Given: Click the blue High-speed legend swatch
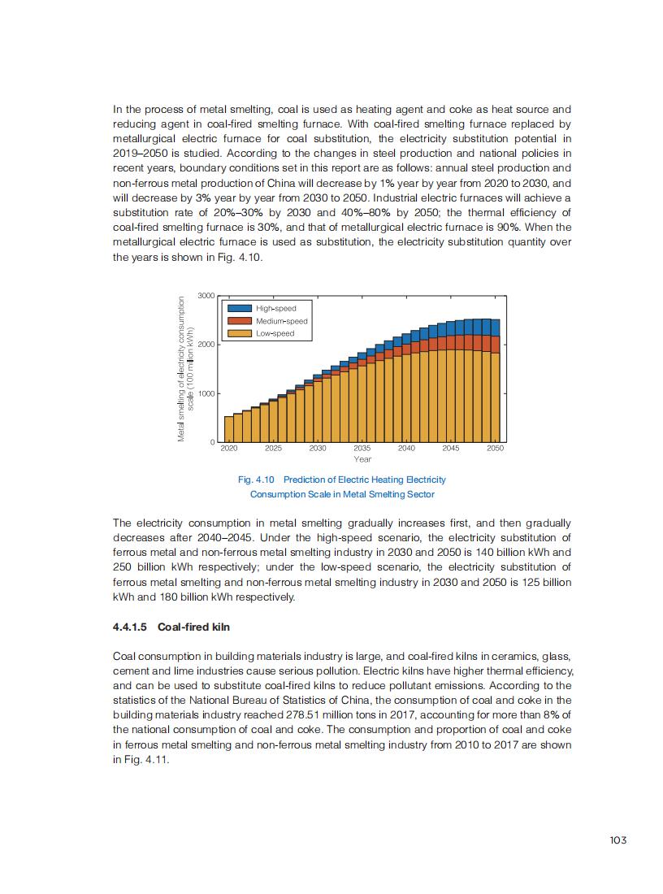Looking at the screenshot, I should pyautogui.click(x=239, y=308).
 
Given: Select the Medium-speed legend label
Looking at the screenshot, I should pyautogui.click(x=281, y=321).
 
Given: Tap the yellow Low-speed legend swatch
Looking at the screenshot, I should pyautogui.click(x=239, y=333).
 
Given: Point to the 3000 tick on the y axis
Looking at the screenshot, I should pyautogui.click(x=206, y=295).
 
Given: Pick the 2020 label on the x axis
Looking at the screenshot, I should pyautogui.click(x=228, y=449).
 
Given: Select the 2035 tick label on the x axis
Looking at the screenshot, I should pyautogui.click(x=362, y=449).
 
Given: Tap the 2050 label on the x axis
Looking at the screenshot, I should pyautogui.click(x=495, y=449).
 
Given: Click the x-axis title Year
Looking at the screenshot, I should pyautogui.click(x=362, y=460).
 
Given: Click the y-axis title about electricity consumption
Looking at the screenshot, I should pyautogui.click(x=185, y=370).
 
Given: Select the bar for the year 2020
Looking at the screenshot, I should pyautogui.click(x=228, y=429).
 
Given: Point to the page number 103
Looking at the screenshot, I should pyautogui.click(x=617, y=840).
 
